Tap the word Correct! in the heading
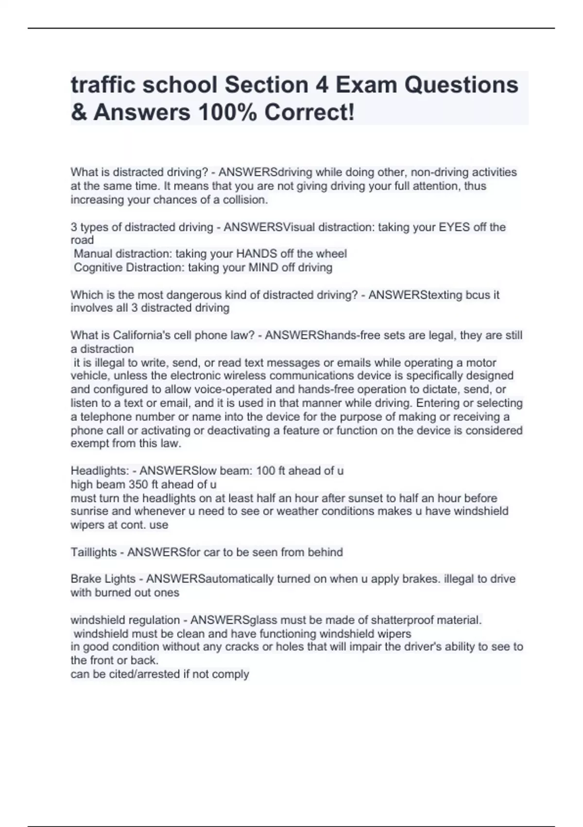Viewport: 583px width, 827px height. (309, 113)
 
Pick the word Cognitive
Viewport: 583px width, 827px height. (98, 268)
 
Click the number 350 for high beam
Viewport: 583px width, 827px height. (138, 485)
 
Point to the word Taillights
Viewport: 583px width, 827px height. (94, 552)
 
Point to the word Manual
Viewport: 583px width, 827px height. (93, 254)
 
